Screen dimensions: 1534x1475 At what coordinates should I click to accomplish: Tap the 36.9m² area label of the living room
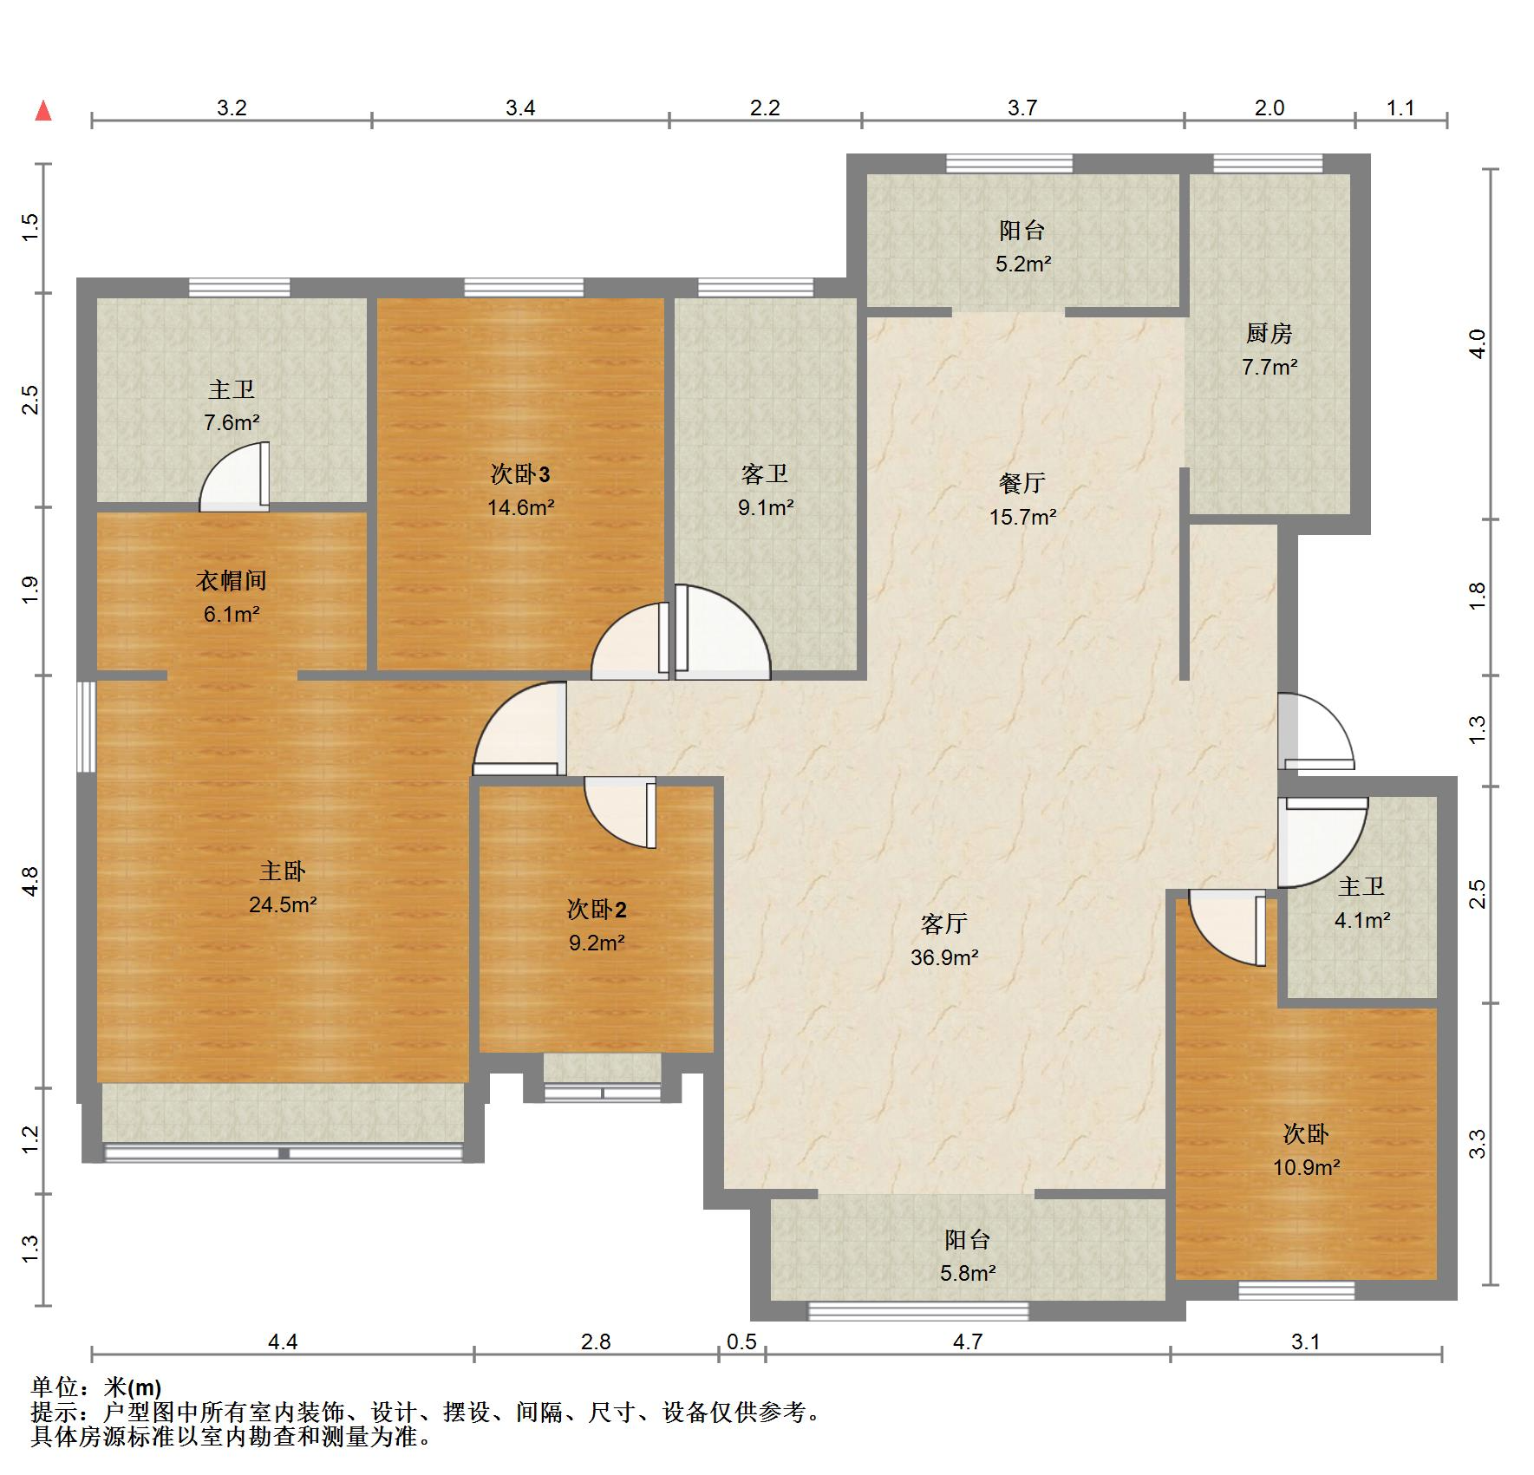[x=944, y=957]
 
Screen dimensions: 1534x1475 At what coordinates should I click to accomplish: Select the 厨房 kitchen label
[x=1270, y=333]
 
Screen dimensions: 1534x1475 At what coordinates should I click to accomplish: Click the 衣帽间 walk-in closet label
[x=231, y=581]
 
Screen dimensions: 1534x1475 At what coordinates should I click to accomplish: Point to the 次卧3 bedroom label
[x=520, y=474]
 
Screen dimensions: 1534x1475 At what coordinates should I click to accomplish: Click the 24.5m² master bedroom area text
[x=283, y=904]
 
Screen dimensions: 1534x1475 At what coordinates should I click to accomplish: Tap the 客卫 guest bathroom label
[x=765, y=474]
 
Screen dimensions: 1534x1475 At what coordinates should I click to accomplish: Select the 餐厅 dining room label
[x=1022, y=483]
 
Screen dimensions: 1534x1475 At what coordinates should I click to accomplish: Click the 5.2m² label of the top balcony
[x=1023, y=264]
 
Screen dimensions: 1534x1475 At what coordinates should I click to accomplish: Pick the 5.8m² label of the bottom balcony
[x=968, y=1273]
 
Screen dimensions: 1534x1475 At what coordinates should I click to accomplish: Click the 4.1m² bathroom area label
[x=1362, y=920]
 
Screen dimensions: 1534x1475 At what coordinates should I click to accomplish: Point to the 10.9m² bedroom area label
[x=1307, y=1167]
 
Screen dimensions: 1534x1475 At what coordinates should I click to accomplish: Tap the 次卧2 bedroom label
[x=597, y=910]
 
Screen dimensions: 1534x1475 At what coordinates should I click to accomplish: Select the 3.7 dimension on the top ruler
[x=1022, y=108]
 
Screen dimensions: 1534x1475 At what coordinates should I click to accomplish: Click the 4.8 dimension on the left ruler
[x=30, y=882]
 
